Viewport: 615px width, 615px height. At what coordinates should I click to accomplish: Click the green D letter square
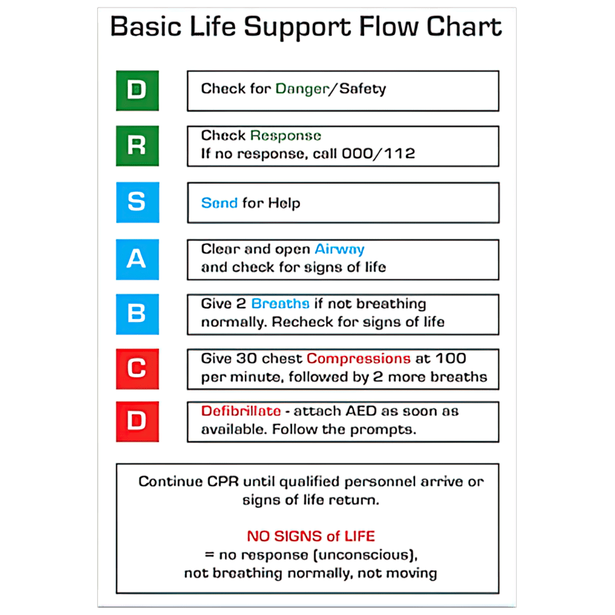(137, 90)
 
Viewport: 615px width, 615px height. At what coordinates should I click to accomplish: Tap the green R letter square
(137, 146)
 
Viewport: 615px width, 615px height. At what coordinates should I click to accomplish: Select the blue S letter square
(137, 202)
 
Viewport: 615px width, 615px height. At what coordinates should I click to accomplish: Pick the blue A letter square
(137, 259)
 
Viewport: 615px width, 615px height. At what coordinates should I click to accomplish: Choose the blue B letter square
(137, 314)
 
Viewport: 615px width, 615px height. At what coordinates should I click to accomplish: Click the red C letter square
(137, 368)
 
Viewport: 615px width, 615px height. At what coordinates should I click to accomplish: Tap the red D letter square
(137, 421)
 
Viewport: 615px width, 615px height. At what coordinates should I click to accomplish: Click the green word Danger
(302, 89)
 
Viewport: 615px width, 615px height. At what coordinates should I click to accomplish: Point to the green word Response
(285, 136)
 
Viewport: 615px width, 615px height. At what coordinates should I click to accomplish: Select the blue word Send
(219, 203)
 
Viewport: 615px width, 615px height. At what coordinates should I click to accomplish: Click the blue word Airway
(339, 249)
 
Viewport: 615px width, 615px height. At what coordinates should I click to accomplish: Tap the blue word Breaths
(280, 304)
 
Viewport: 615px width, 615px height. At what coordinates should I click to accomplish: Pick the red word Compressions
(359, 359)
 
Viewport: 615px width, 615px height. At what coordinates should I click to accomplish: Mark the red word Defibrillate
(241, 411)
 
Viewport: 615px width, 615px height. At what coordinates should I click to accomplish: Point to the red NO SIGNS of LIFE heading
(311, 536)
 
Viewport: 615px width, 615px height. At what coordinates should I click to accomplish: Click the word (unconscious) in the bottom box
(369, 555)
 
